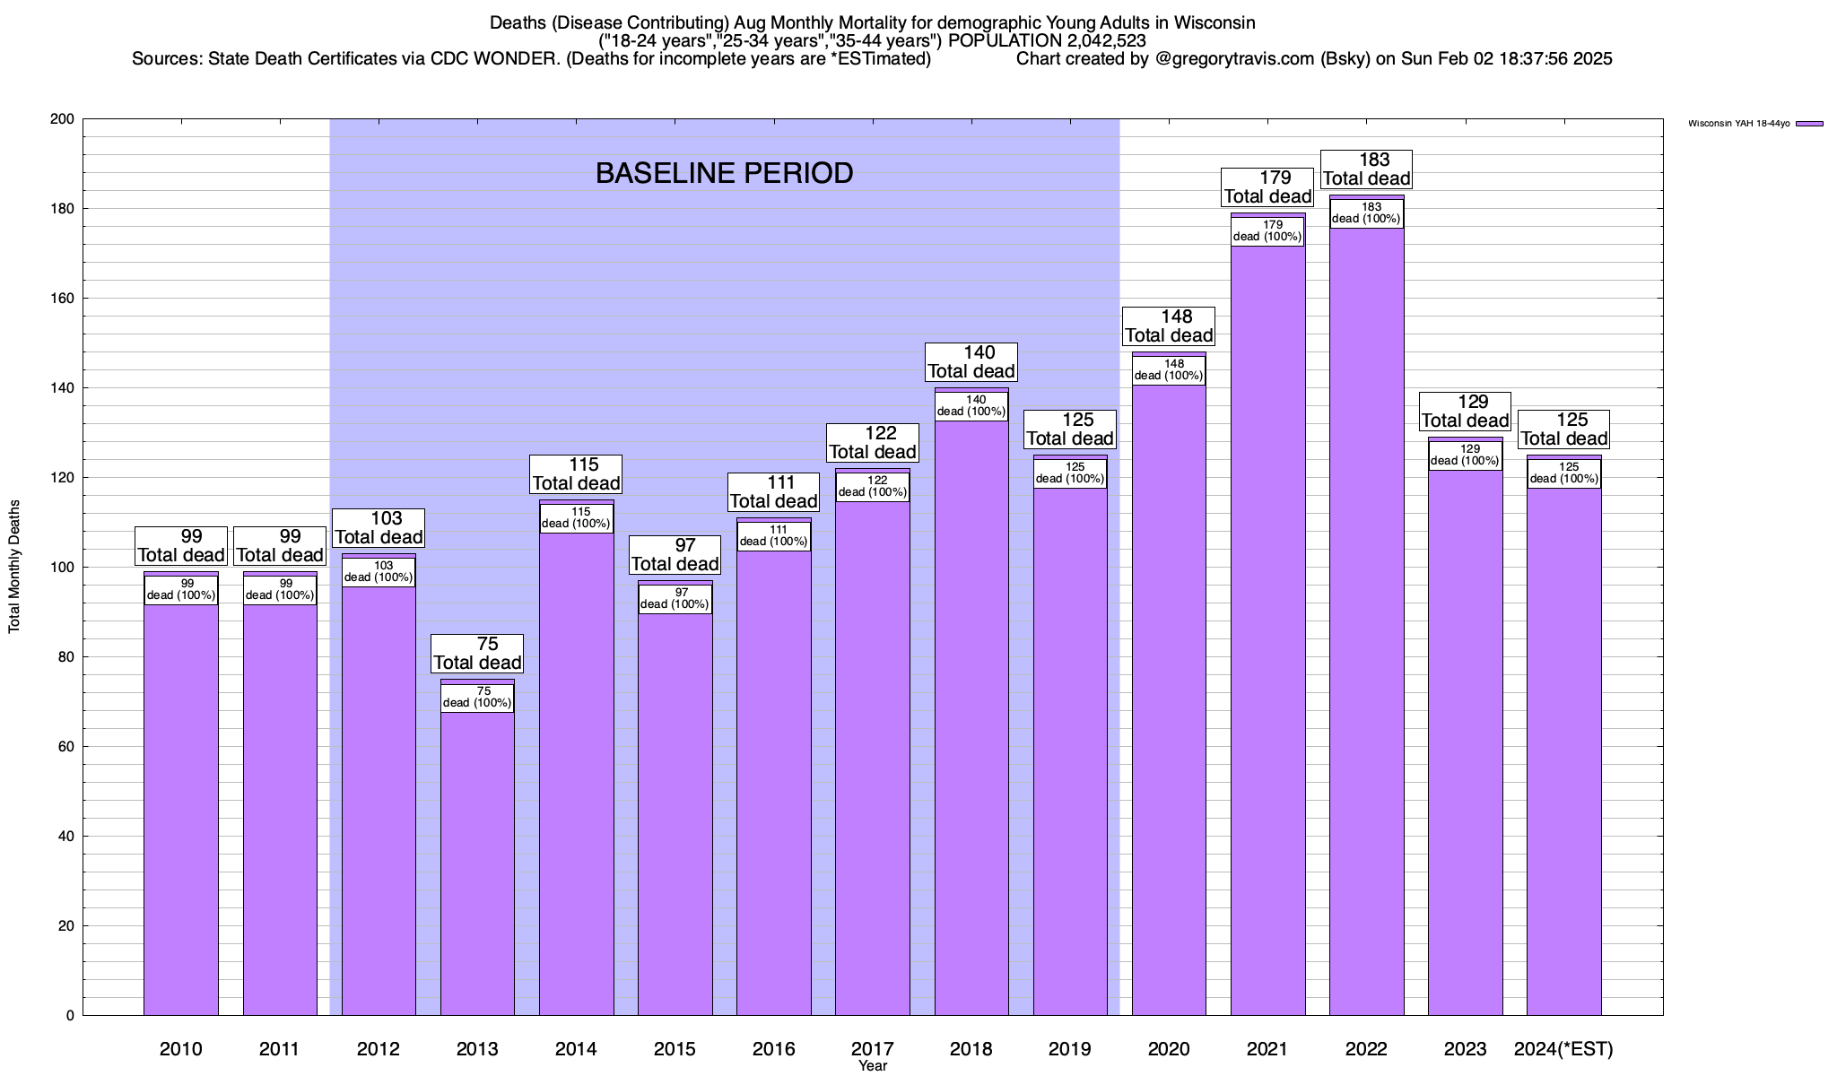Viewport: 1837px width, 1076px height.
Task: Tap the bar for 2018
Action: (971, 717)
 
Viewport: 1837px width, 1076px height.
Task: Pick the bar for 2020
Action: (1169, 699)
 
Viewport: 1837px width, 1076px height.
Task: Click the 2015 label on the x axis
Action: (675, 1048)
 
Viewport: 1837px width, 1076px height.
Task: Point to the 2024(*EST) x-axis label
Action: (1563, 1048)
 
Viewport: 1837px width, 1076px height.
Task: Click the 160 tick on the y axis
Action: (64, 299)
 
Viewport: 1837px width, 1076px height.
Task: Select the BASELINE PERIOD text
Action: (724, 173)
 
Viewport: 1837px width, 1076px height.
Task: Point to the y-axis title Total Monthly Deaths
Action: (14, 567)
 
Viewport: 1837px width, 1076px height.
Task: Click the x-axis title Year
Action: (872, 1066)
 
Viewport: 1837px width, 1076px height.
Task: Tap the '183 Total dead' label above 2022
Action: (1367, 169)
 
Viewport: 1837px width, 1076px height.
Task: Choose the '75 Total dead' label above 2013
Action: (477, 654)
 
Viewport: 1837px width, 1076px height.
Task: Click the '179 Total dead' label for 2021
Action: (1268, 187)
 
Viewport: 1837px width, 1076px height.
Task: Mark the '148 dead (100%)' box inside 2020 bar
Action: (1169, 370)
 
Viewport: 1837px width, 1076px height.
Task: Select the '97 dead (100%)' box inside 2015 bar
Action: (675, 598)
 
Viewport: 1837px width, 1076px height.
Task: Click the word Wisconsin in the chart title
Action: (1215, 22)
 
